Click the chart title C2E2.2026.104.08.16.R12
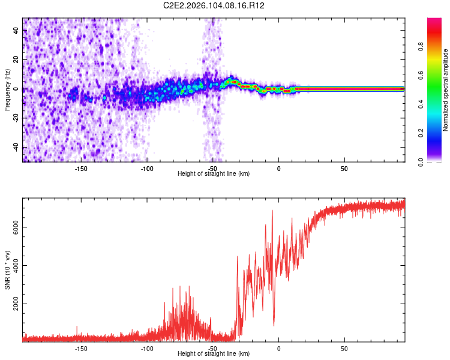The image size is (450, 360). tap(214, 5)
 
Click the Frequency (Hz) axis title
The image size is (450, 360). tap(7, 90)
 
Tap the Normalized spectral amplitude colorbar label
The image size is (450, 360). tap(445, 91)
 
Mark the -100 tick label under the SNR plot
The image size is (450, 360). tap(147, 347)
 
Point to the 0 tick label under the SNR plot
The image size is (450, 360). tap(278, 347)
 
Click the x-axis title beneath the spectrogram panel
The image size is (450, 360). tap(214, 173)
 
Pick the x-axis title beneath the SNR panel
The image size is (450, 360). tap(214, 353)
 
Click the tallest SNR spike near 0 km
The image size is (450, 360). tap(272, 211)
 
